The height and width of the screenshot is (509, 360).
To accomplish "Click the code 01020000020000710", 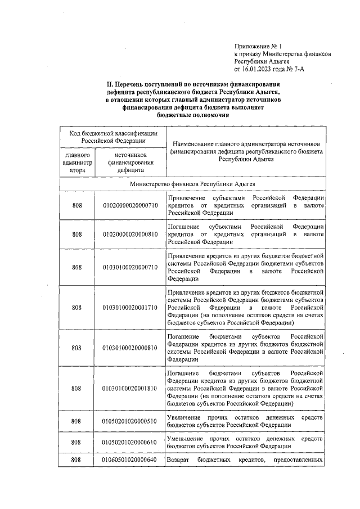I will coord(129,206).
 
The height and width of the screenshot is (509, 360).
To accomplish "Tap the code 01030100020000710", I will coord(129,267).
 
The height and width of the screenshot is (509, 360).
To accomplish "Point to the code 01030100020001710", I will coord(129,308).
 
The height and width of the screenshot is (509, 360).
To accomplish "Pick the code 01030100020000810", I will coord(129,347).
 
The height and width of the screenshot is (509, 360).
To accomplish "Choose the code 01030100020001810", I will coord(129,388).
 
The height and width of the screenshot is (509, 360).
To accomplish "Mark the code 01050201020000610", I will coord(129,442).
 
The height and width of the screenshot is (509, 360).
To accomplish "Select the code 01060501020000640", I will coord(129,460).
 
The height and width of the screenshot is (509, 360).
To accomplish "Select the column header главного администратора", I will coord(76,161).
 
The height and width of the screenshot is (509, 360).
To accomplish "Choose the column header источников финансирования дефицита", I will coord(130,161).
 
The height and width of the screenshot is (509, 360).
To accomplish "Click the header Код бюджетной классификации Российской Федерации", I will coord(112,137).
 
